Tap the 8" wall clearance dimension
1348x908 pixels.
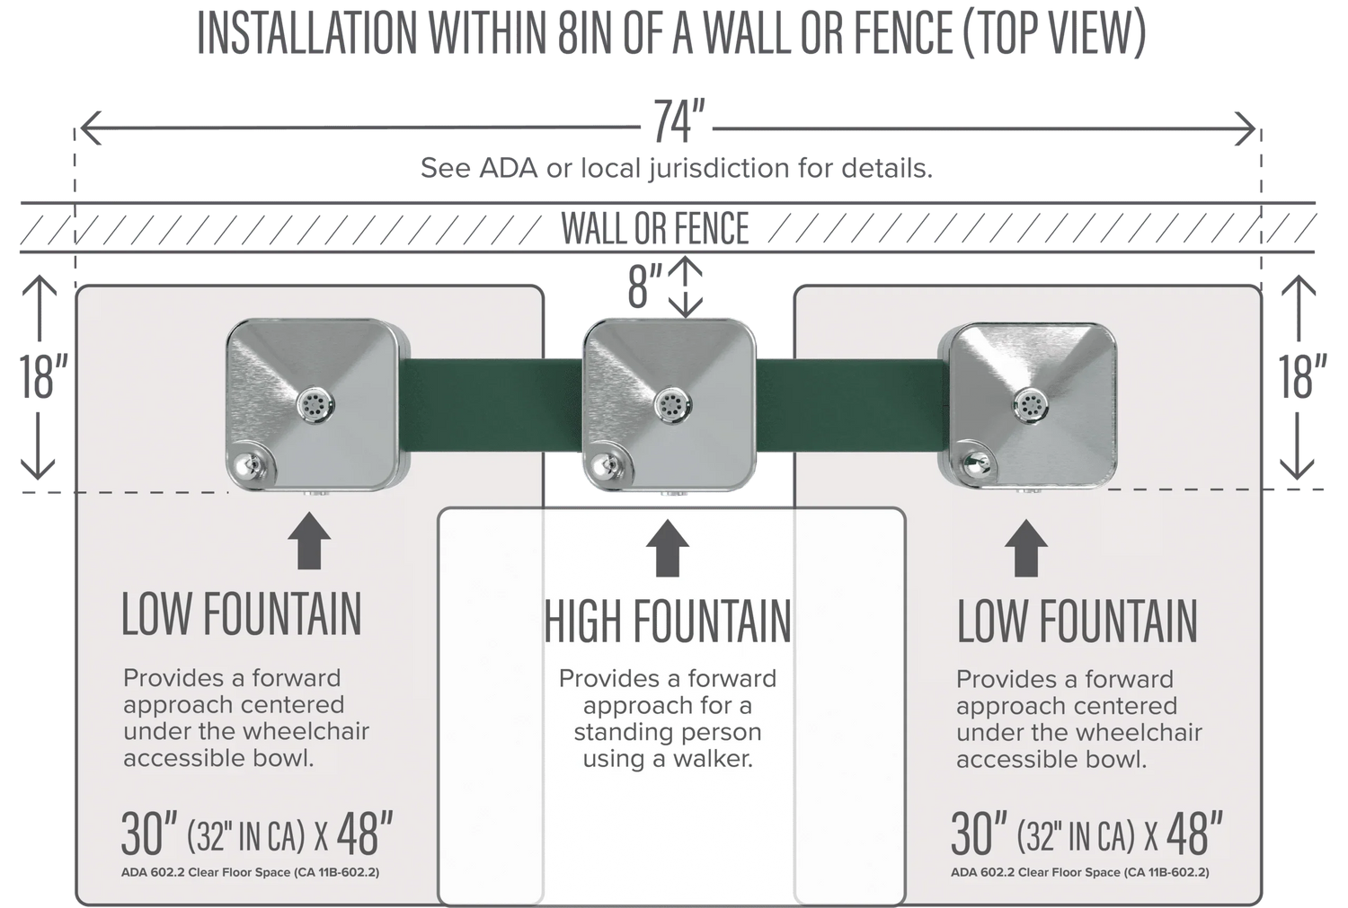(x=643, y=287)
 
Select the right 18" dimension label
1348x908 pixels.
(x=1302, y=376)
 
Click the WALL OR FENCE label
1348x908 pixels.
(x=655, y=228)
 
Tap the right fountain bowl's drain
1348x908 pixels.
(x=1031, y=405)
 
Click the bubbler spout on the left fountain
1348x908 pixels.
(x=245, y=465)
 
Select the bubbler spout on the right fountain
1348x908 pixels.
(x=971, y=463)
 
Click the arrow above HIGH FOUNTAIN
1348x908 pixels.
(x=668, y=548)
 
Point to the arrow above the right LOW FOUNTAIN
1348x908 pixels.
(x=1025, y=548)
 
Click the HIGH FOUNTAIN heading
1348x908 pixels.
(x=668, y=622)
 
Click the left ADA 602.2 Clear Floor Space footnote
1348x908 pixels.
(x=250, y=872)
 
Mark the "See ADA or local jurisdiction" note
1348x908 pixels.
(x=676, y=168)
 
